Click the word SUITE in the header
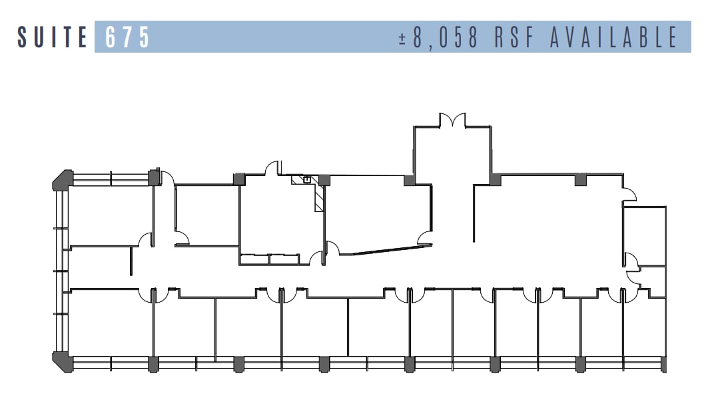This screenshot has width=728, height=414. tap(52, 37)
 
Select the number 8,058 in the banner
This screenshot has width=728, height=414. tap(446, 37)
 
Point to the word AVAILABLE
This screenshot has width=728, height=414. tap(613, 37)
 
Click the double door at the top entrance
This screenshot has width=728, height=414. tap(452, 121)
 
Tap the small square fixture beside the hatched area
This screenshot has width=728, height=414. tap(307, 179)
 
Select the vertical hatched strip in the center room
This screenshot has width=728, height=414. tap(319, 199)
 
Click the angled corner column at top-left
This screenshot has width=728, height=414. tap(62, 179)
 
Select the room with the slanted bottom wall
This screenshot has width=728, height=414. tap(376, 213)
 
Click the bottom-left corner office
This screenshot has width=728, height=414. tap(111, 323)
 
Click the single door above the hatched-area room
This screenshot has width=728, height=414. tap(272, 167)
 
